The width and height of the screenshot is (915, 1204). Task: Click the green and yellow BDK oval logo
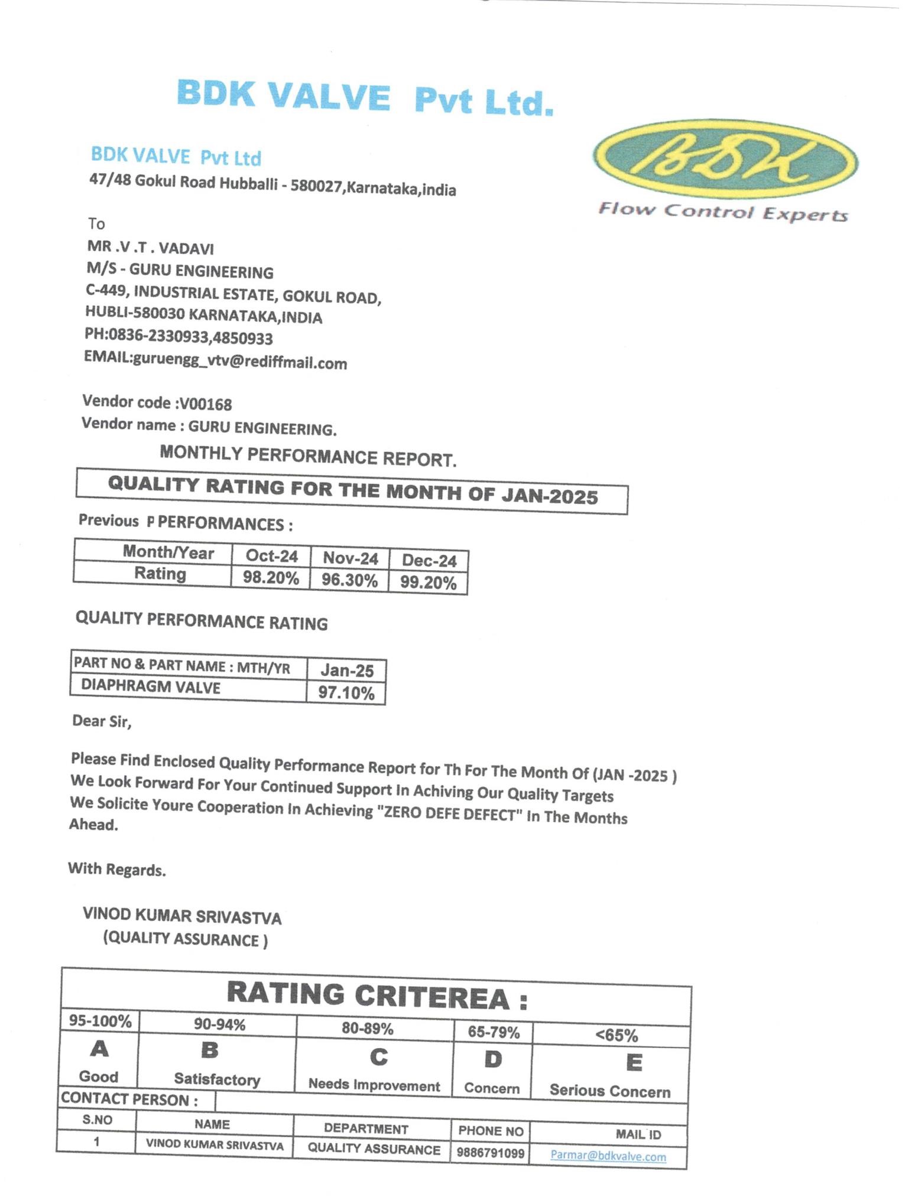726,159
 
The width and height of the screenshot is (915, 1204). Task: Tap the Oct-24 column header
271,557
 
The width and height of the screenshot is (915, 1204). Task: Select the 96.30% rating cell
349,580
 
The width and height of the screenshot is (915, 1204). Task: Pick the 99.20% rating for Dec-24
428,583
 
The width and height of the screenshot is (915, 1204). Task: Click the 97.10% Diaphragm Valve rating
346,692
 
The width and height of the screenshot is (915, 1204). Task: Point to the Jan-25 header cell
347,671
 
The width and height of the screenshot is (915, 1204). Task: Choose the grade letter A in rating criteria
99,1049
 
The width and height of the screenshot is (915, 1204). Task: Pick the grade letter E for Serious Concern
634,1062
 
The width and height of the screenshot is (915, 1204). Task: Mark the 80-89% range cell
367,1029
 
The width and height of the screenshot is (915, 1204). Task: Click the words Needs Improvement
374,1085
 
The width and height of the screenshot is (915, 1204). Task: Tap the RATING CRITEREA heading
377,995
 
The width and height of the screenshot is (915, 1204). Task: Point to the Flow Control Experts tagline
723,212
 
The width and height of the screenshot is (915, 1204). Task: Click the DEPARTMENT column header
366,1128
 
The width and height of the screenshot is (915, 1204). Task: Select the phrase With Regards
117,869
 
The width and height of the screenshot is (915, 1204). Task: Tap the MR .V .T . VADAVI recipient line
151,248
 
